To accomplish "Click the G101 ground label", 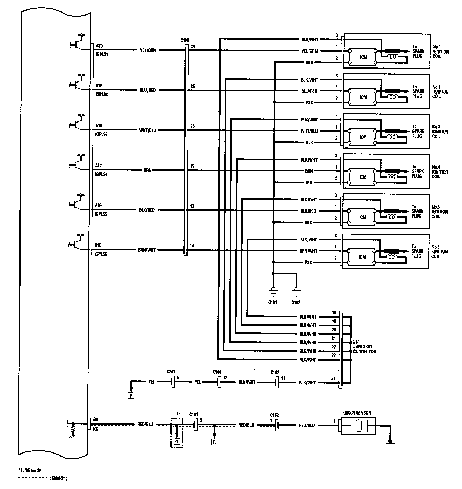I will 272,303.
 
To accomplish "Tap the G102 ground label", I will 295,303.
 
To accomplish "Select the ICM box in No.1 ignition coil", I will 363,57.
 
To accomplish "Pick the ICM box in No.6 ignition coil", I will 362,257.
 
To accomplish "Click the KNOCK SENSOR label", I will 357,413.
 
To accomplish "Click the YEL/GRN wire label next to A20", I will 148,50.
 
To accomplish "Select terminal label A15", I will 98,246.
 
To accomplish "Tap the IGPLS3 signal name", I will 101,134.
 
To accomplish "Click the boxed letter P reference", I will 132,395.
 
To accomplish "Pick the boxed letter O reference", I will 177,442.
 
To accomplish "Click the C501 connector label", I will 217,372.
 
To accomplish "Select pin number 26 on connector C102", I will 192,126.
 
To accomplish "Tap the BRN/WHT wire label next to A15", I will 147,250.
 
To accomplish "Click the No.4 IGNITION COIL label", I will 440,172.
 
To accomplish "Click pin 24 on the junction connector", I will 334,379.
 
